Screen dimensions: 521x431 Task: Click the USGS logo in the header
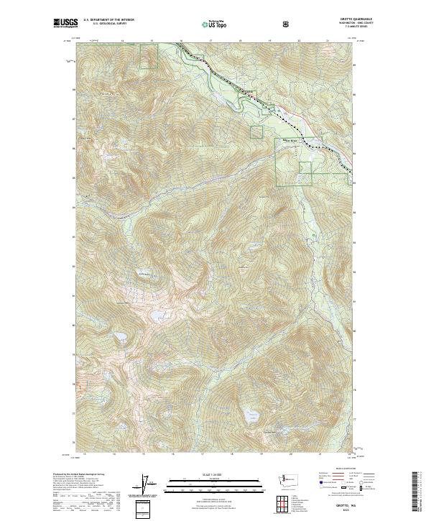65,24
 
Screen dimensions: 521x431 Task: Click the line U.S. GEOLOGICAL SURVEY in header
108,25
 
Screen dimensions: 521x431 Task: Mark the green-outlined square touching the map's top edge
149,56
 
